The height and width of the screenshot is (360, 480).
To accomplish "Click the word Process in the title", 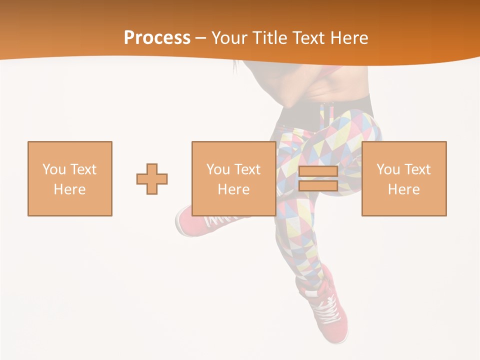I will [x=157, y=37].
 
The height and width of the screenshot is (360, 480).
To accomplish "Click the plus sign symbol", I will [x=152, y=179].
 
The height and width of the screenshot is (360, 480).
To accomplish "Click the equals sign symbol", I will [x=318, y=179].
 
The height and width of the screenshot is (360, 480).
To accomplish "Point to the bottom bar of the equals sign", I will [x=318, y=185].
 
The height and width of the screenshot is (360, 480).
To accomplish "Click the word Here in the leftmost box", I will [x=69, y=189].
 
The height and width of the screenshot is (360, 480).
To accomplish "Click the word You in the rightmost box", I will [x=388, y=169].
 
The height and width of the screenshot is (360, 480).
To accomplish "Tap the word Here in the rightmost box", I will [x=403, y=189].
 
